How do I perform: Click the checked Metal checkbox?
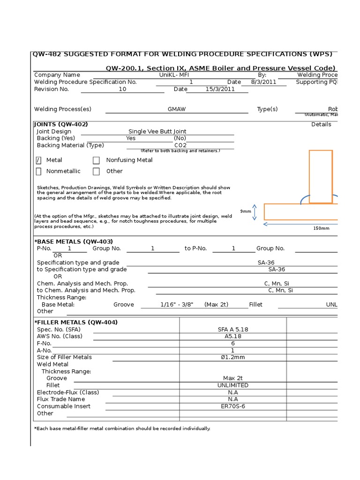tap(38, 160)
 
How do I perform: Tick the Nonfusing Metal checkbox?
tap(96, 160)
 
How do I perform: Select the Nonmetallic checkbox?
tap(38, 172)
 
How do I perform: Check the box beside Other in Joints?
tap(96, 172)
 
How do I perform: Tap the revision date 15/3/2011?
tap(220, 89)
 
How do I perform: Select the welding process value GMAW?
tap(177, 109)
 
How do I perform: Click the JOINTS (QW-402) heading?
tap(61, 124)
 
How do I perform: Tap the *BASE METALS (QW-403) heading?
tap(74, 241)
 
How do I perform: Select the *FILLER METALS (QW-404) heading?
tap(76, 322)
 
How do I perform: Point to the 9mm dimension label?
tap(246, 211)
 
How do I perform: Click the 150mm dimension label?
tap(321, 228)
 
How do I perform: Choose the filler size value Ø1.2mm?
tap(233, 357)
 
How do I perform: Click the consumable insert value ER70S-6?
tap(233, 406)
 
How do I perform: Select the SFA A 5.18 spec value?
tap(233, 330)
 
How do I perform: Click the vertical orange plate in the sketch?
tap(321, 176)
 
